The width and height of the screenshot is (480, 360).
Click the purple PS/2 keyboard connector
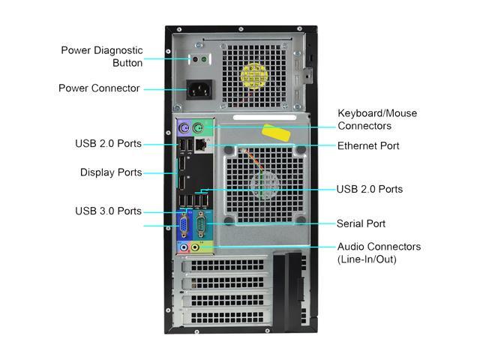(x=184, y=128)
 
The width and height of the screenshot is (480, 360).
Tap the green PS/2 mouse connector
(x=198, y=128)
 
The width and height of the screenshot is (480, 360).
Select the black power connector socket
(x=199, y=90)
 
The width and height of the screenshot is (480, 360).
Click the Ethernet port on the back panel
(x=201, y=145)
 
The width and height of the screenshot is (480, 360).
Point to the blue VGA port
(x=184, y=226)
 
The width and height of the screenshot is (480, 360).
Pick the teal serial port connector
(x=201, y=224)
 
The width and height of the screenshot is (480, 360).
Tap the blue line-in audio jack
(x=184, y=247)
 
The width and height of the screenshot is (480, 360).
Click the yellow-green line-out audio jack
(x=195, y=247)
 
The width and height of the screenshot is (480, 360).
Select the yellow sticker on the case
(x=276, y=133)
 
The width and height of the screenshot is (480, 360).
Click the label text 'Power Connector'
(x=99, y=88)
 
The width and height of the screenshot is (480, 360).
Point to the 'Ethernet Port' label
(x=368, y=145)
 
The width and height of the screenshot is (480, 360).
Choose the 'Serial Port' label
(x=361, y=223)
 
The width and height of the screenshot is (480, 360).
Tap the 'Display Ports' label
(x=111, y=172)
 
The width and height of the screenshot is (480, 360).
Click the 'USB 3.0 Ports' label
(x=108, y=211)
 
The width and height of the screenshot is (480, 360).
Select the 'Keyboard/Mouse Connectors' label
(x=377, y=119)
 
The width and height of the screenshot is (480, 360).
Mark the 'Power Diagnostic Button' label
(x=102, y=57)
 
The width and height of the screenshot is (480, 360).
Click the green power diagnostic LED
(x=204, y=59)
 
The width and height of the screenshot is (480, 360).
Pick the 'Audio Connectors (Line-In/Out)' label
(x=379, y=253)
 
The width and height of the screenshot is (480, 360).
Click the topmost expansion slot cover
(x=226, y=265)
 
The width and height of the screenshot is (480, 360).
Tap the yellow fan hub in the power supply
(x=254, y=76)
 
